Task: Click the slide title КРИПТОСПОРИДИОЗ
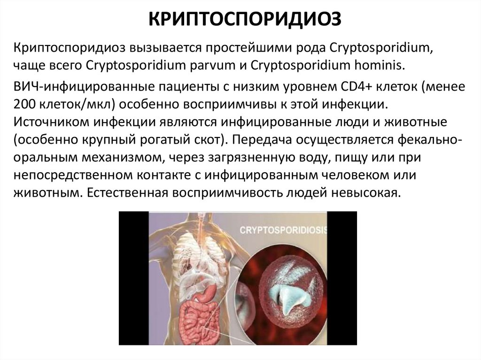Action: (x=240, y=20)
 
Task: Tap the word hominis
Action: (x=382, y=64)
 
